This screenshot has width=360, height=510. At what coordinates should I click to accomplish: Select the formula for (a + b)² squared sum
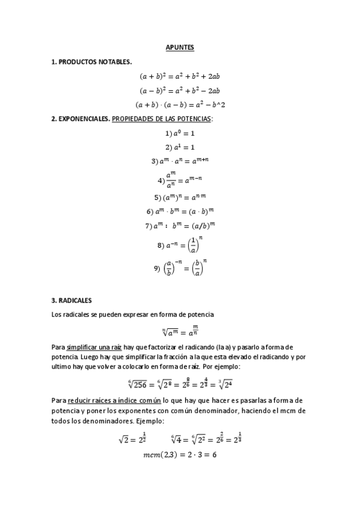[x=180, y=76]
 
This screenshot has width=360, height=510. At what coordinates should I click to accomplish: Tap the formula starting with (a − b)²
[x=180, y=90]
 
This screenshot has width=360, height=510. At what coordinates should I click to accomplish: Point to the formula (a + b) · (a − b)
[x=180, y=104]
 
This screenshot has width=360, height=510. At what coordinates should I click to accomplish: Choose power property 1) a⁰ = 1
[x=180, y=133]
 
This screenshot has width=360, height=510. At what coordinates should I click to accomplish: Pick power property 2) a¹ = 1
[x=180, y=147]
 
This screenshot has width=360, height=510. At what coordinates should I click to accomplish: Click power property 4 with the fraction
[x=180, y=179]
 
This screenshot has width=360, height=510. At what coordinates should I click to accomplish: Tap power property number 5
[x=180, y=197]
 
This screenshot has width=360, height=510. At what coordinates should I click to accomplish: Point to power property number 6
[x=180, y=211]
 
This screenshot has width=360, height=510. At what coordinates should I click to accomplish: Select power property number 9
[x=180, y=268]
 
